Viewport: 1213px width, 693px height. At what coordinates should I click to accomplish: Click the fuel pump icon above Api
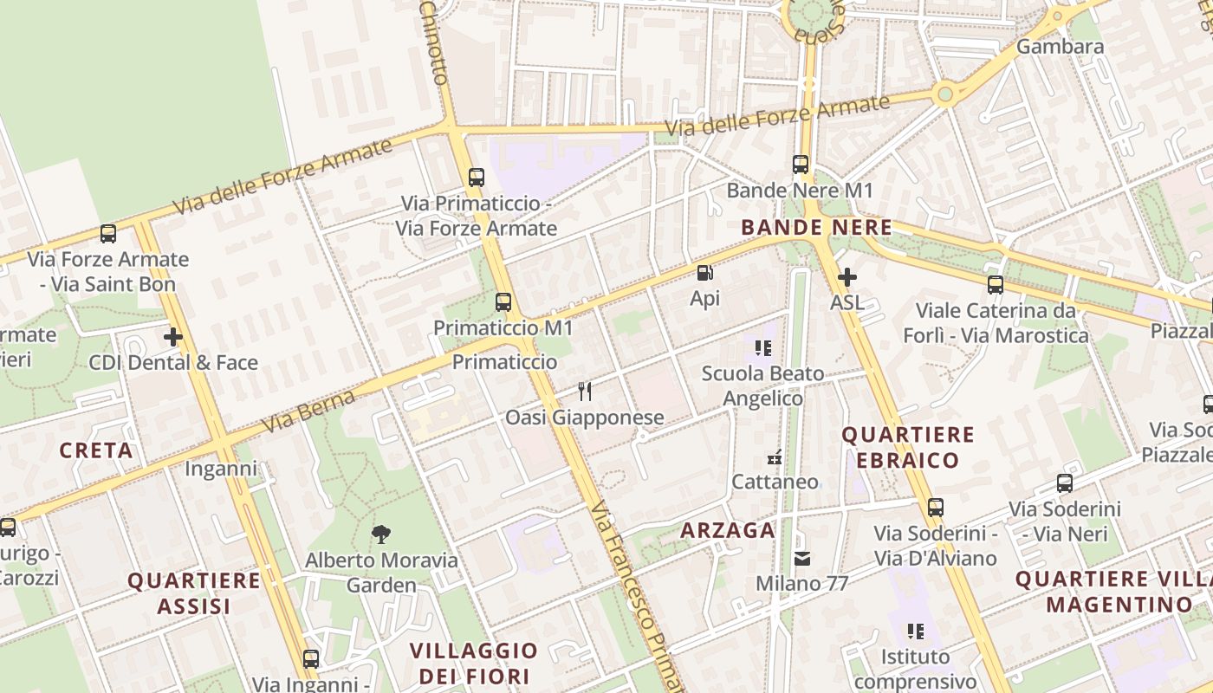(x=705, y=274)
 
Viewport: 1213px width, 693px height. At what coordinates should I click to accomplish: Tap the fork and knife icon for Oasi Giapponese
(x=585, y=392)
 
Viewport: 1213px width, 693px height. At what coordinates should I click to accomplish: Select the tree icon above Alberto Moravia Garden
(x=380, y=534)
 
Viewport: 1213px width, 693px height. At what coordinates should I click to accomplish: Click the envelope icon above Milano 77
(x=802, y=559)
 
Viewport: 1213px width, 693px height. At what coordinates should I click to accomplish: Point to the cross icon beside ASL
(x=847, y=277)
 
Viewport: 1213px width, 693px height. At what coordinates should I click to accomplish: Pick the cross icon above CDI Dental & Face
(x=173, y=337)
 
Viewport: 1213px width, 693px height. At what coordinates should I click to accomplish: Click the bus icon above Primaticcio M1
(x=503, y=302)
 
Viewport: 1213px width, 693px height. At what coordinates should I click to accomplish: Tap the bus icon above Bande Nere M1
(x=801, y=164)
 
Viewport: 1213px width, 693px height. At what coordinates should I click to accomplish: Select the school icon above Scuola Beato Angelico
(x=762, y=348)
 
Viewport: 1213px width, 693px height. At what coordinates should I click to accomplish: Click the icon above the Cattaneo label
(x=775, y=457)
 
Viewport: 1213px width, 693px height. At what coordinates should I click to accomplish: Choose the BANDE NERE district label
(x=816, y=228)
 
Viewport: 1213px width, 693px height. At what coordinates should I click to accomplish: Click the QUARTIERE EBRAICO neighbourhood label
(x=908, y=447)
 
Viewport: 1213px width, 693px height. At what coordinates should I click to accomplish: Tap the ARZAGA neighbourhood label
(x=728, y=530)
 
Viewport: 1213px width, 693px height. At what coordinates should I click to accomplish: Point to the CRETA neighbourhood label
(x=96, y=450)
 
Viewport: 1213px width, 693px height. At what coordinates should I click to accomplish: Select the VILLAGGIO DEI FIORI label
(x=473, y=663)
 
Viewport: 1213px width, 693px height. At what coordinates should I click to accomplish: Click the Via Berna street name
(x=309, y=411)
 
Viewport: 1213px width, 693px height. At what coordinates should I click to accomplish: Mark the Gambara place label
(x=1060, y=46)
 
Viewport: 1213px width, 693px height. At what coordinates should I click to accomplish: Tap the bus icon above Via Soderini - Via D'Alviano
(x=935, y=508)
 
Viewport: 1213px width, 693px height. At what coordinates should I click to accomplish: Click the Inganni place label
(x=221, y=470)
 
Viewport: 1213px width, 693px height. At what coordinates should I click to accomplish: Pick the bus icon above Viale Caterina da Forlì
(x=996, y=284)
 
